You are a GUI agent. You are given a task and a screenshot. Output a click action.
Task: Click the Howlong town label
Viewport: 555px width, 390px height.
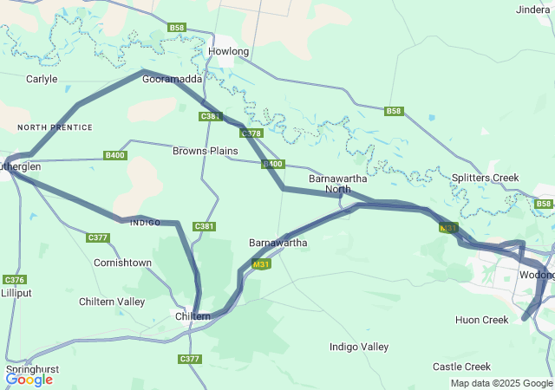[229, 52]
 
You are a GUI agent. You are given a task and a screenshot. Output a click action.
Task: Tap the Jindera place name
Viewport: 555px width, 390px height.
[532, 10]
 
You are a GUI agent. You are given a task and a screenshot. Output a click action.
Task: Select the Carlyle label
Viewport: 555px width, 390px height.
[42, 79]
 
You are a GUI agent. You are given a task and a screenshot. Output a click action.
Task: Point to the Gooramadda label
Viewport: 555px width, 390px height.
[172, 79]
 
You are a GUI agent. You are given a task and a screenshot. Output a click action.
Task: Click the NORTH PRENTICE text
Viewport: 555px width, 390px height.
[55, 127]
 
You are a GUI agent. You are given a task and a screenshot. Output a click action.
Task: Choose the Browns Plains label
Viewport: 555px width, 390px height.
[205, 151]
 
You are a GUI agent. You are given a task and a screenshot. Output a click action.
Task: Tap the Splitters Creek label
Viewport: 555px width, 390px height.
[485, 178]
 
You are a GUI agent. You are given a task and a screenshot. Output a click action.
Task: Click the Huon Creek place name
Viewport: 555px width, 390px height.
[481, 320]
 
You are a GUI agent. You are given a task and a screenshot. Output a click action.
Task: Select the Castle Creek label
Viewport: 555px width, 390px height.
[461, 367]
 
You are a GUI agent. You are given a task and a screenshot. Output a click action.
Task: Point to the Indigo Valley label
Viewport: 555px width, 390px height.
[359, 347]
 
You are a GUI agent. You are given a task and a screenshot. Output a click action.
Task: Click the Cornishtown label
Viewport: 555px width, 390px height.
[122, 263]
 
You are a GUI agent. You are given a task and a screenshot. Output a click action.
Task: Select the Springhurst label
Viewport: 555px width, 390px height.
[32, 369]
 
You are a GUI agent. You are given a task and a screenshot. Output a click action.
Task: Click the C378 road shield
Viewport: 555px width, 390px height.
[251, 133]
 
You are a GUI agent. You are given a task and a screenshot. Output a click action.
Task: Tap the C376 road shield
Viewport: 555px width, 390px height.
[14, 279]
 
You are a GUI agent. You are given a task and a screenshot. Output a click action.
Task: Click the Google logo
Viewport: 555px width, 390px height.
[29, 379]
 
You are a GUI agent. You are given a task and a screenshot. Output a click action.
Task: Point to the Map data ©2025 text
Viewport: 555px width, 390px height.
[487, 383]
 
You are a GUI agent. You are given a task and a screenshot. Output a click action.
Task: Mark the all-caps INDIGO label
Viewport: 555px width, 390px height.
[144, 223]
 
